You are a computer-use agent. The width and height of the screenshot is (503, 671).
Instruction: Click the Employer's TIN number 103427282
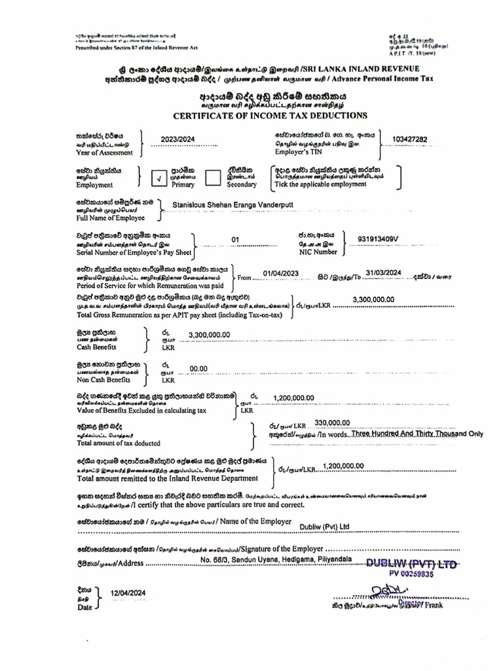[x=409, y=139]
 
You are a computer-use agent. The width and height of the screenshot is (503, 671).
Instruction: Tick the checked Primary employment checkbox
[x=159, y=177]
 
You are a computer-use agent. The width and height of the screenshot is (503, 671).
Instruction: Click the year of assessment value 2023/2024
[x=177, y=140]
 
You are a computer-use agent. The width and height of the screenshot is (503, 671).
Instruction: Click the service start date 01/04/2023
[x=280, y=273]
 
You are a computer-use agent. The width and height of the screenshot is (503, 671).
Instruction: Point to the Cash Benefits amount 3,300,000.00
[x=209, y=334]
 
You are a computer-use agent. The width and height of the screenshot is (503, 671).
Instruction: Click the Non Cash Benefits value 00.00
[x=198, y=368]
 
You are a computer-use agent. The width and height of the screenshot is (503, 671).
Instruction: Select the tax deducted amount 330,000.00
[x=333, y=423]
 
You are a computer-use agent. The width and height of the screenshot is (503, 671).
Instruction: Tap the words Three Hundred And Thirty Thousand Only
[x=417, y=434]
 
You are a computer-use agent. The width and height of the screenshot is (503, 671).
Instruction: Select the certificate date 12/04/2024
[x=128, y=592]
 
